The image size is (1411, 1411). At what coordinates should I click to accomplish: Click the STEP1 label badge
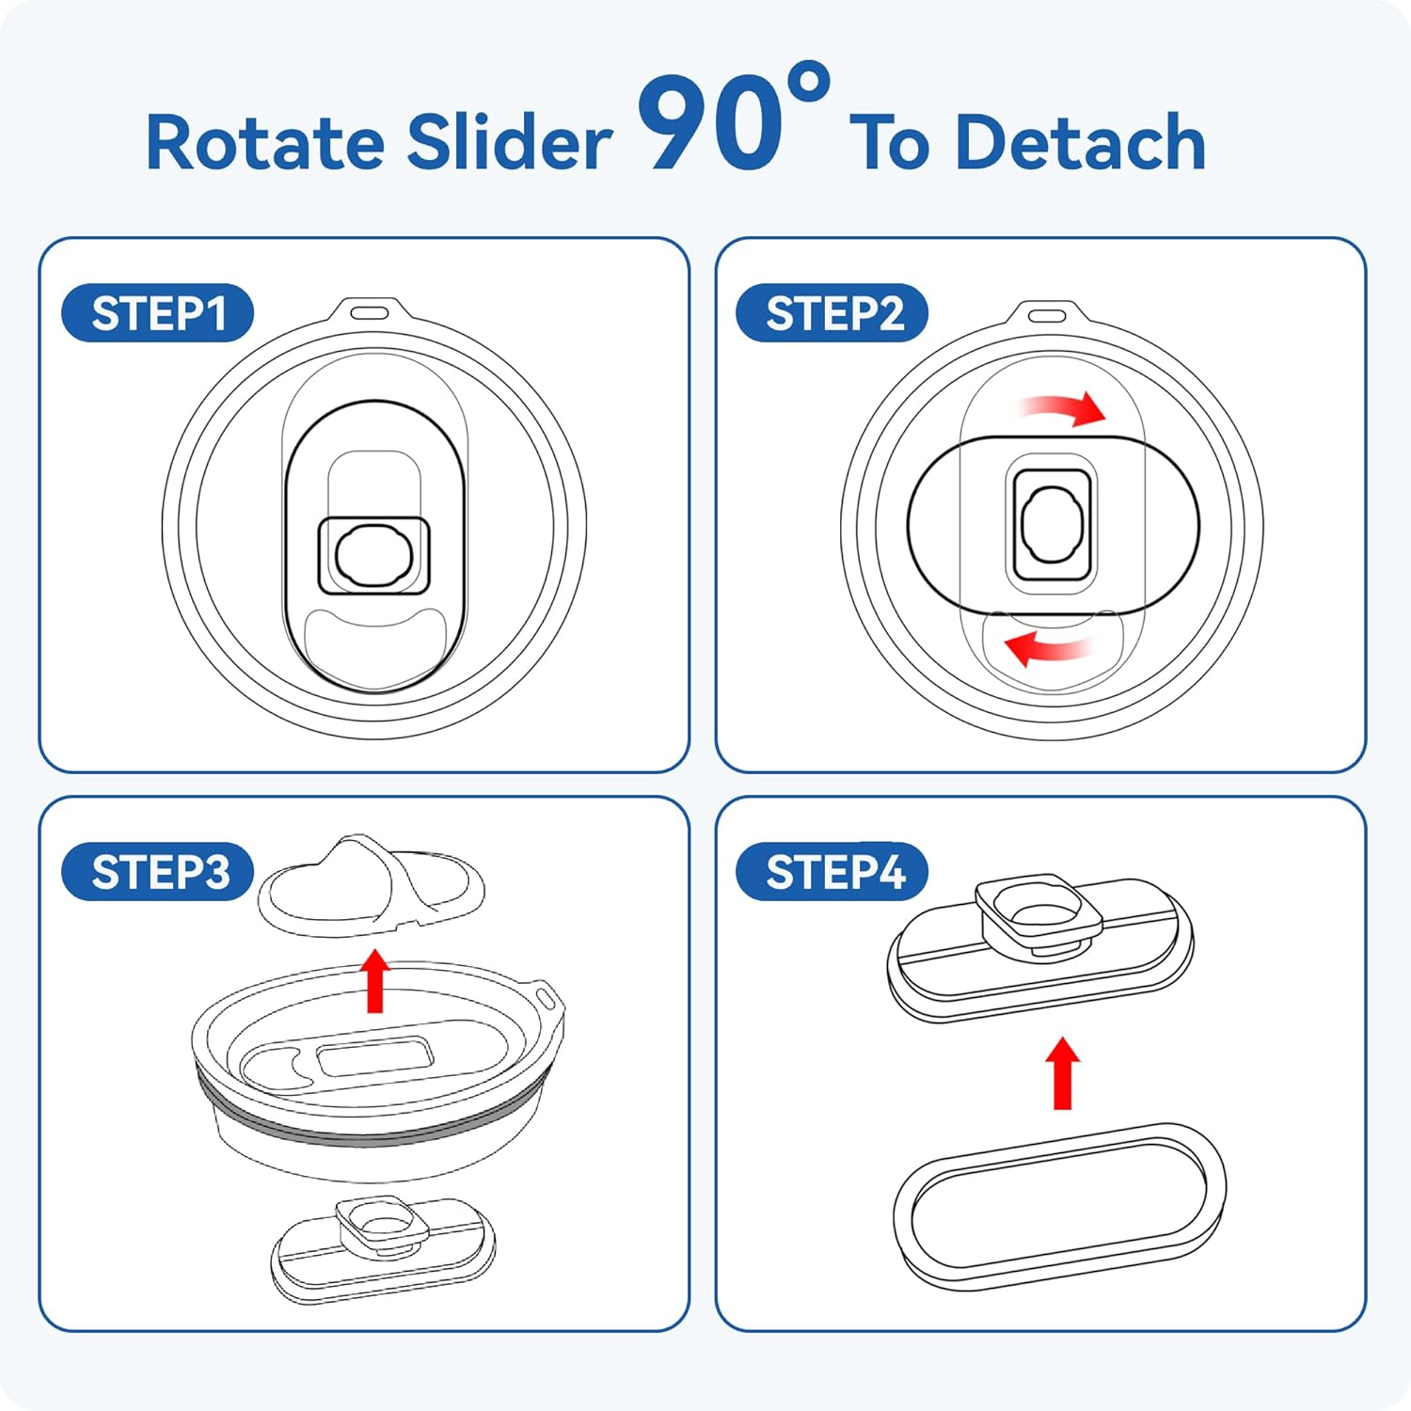(x=157, y=312)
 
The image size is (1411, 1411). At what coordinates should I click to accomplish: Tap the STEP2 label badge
(x=832, y=312)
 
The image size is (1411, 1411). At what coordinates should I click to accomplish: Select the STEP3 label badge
(x=157, y=871)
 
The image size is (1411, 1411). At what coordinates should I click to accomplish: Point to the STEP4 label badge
(x=832, y=871)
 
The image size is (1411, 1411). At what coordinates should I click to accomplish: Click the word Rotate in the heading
(x=265, y=142)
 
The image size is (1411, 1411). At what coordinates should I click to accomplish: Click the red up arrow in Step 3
(x=375, y=980)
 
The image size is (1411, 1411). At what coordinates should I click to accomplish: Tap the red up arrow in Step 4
(x=1063, y=1072)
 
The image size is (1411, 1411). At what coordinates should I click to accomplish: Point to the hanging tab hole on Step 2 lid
(x=1047, y=314)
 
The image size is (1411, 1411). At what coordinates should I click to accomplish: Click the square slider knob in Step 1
(x=374, y=555)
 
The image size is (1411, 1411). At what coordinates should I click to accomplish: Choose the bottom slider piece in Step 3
(x=383, y=1249)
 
